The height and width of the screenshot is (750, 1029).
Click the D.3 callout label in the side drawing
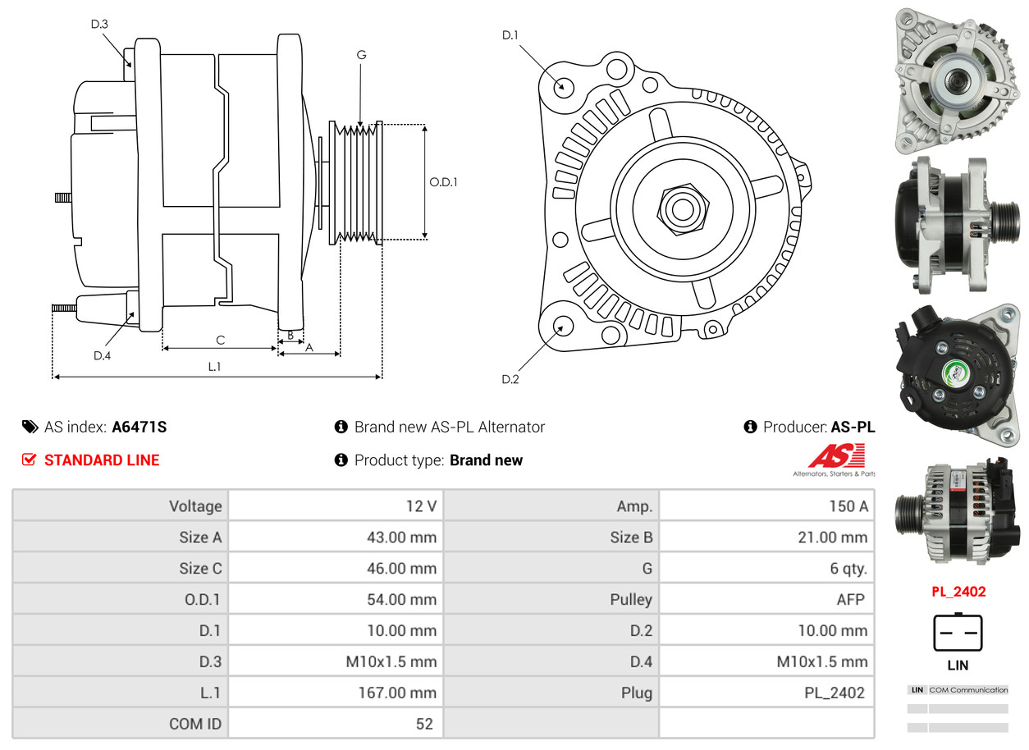pyautogui.click(x=99, y=24)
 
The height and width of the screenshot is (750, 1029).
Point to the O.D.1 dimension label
pyautogui.click(x=443, y=182)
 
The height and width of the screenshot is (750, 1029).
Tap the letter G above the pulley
pyautogui.click(x=361, y=55)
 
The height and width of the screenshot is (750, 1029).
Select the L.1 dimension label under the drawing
pyautogui.click(x=214, y=367)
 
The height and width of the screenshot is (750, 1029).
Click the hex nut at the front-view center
pyautogui.click(x=681, y=208)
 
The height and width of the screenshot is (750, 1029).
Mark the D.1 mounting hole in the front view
pyautogui.click(x=563, y=86)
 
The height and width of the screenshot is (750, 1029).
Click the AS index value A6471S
pyautogui.click(x=139, y=427)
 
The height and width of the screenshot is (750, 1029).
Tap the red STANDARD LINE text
pyautogui.click(x=102, y=460)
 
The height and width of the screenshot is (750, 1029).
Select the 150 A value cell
pyautogui.click(x=848, y=506)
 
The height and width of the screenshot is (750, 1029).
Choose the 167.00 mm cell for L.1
pyautogui.click(x=397, y=693)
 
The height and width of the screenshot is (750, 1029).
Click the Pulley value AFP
pyautogui.click(x=850, y=600)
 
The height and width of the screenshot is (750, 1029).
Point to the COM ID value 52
pyautogui.click(x=423, y=724)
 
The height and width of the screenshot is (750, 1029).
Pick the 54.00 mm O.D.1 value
pyautogui.click(x=401, y=600)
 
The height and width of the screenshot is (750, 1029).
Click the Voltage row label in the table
pyautogui.click(x=195, y=506)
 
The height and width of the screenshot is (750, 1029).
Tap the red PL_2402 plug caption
pyautogui.click(x=958, y=592)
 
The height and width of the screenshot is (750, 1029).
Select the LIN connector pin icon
pyautogui.click(x=958, y=633)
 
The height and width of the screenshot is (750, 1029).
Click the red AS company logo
pyautogui.click(x=836, y=455)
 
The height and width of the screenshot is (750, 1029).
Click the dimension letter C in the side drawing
pyautogui.click(x=220, y=340)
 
